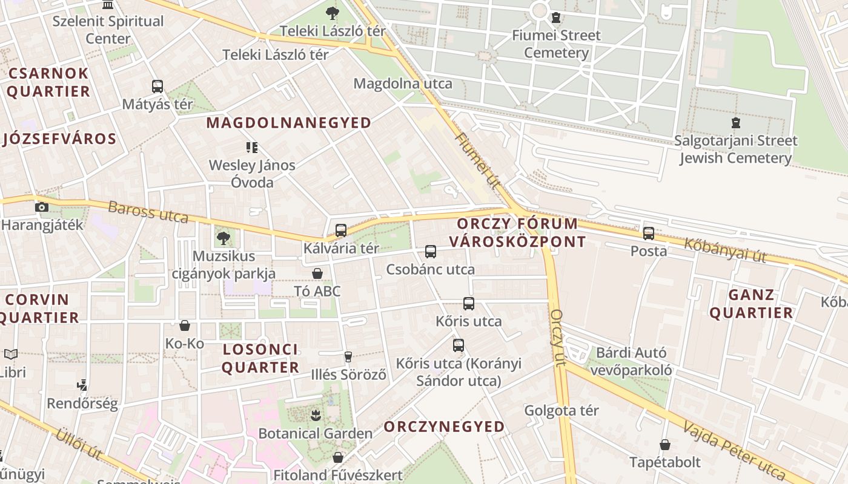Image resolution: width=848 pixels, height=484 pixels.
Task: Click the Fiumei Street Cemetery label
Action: click(x=556, y=44)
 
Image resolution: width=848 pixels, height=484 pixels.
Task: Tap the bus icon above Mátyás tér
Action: click(x=157, y=86)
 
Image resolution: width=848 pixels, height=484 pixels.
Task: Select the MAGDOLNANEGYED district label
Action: click(x=289, y=123)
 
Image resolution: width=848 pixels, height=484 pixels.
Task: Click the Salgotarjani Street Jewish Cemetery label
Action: click(x=735, y=149)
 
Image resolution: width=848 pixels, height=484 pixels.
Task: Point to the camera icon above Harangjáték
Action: click(x=42, y=207)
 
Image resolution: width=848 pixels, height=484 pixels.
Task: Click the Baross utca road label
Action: click(x=148, y=212)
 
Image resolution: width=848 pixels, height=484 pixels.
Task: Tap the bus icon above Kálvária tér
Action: click(x=341, y=230)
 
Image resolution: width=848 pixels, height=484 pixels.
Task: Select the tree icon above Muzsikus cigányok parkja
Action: click(x=224, y=238)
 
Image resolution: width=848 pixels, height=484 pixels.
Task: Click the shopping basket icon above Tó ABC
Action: click(x=317, y=273)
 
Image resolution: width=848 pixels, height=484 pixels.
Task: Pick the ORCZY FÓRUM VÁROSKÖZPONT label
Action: click(x=517, y=233)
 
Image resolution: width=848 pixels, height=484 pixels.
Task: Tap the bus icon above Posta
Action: click(x=649, y=233)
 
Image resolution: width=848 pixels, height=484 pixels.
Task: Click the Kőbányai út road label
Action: click(x=725, y=250)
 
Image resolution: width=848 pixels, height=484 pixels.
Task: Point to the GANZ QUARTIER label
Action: click(x=751, y=304)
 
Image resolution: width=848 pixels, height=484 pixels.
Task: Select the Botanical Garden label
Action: click(x=315, y=434)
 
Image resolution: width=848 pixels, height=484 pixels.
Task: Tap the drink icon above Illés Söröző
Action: click(x=348, y=357)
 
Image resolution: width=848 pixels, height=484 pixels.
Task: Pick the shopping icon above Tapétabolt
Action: click(x=664, y=445)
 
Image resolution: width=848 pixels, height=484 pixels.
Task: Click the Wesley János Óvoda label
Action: click(x=252, y=174)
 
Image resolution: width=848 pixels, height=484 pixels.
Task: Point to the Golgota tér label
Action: click(x=561, y=411)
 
